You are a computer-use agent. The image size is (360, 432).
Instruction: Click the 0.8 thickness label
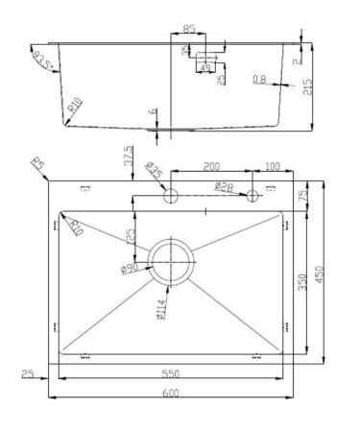[x=259, y=80]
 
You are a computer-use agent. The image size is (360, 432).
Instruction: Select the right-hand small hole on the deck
[x=254, y=196]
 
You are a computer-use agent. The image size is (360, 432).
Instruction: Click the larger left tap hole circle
[x=170, y=196]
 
